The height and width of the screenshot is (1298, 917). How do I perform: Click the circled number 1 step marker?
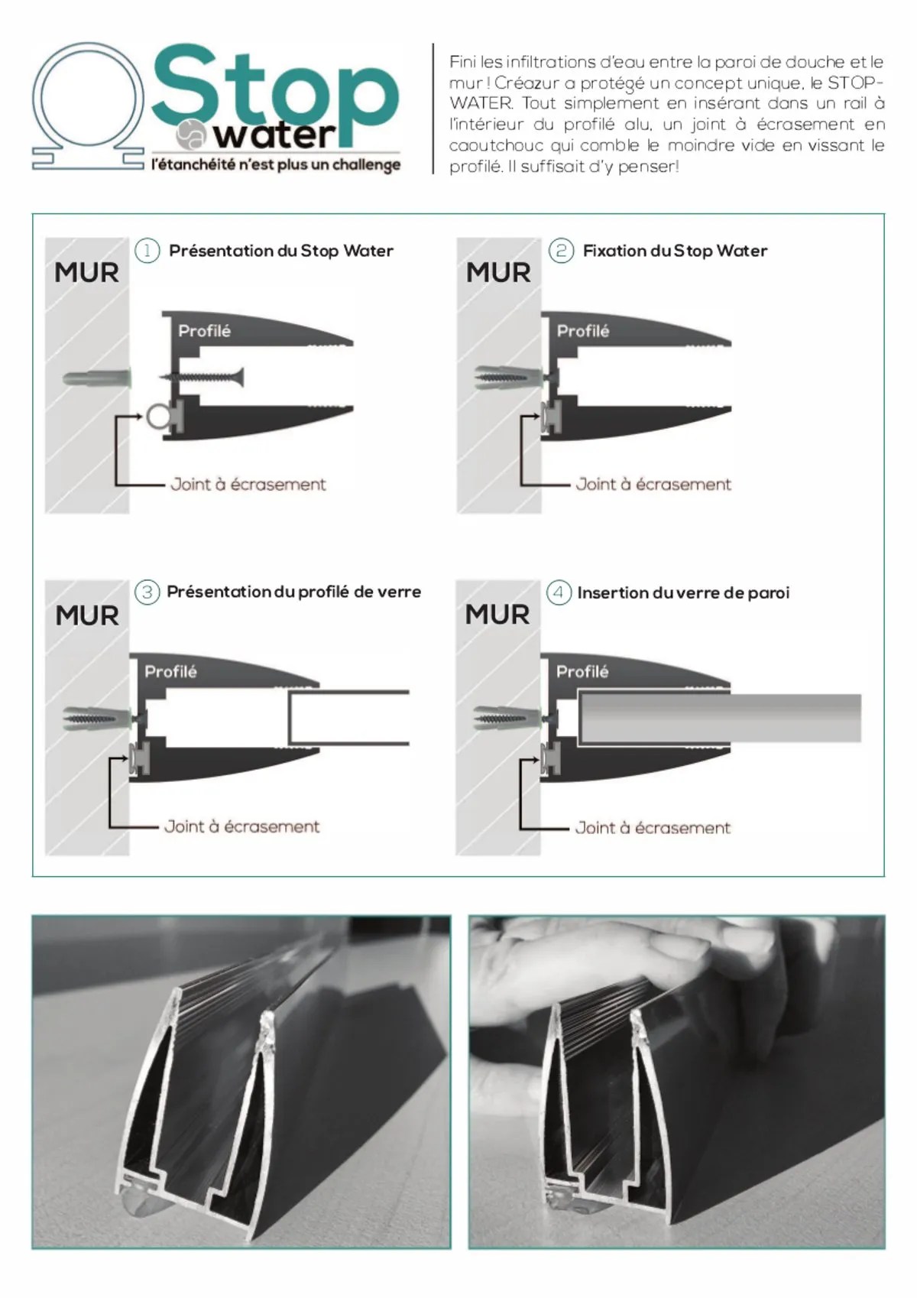click(x=147, y=251)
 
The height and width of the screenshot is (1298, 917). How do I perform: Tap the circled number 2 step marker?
click(x=561, y=251)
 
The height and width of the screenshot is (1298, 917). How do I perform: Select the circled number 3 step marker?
click(x=147, y=592)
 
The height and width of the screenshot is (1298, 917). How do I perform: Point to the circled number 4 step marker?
click(x=559, y=592)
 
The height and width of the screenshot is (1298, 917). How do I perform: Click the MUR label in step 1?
click(x=87, y=273)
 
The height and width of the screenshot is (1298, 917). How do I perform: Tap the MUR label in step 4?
click(x=497, y=615)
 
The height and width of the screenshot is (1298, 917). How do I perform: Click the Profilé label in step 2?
click(x=583, y=331)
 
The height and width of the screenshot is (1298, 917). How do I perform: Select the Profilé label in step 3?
click(x=171, y=672)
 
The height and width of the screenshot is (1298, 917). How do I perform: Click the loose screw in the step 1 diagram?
click(x=203, y=377)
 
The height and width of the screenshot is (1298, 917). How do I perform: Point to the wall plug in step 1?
click(x=97, y=380)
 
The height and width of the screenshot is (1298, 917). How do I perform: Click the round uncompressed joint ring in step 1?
click(x=157, y=417)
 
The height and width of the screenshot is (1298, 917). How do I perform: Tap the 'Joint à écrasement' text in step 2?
click(x=653, y=485)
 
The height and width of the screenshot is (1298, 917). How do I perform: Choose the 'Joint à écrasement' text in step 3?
click(x=242, y=826)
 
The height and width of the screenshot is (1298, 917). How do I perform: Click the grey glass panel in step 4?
click(x=721, y=717)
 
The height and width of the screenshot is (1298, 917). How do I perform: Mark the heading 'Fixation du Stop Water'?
click(x=675, y=251)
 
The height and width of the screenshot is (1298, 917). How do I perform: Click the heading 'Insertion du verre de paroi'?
click(x=684, y=592)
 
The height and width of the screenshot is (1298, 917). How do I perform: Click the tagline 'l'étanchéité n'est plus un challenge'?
click(x=276, y=164)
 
